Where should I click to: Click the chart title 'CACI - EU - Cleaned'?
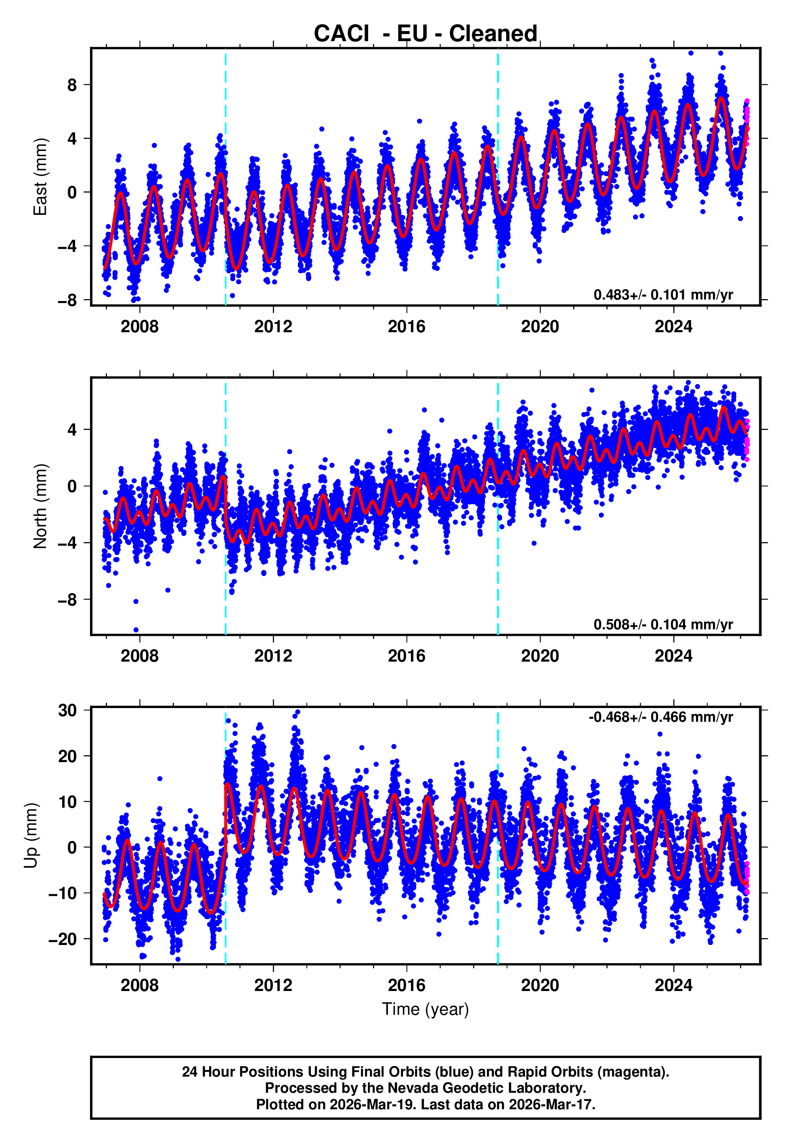click(425, 34)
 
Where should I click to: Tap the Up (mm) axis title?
click(31, 836)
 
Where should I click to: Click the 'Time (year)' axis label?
click(425, 1010)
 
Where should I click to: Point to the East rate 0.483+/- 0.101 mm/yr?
click(663, 295)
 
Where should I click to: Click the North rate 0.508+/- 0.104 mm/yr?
click(663, 624)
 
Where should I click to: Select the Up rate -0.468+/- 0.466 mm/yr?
click(660, 717)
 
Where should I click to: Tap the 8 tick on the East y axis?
click(72, 85)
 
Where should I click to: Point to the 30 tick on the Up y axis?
click(67, 710)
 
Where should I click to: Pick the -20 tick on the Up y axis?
click(63, 939)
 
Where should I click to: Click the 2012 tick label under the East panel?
click(273, 327)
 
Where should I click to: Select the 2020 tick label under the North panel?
click(540, 656)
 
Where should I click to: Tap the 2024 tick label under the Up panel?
click(673, 985)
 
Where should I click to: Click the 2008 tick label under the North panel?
click(139, 656)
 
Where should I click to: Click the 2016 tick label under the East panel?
click(406, 327)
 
